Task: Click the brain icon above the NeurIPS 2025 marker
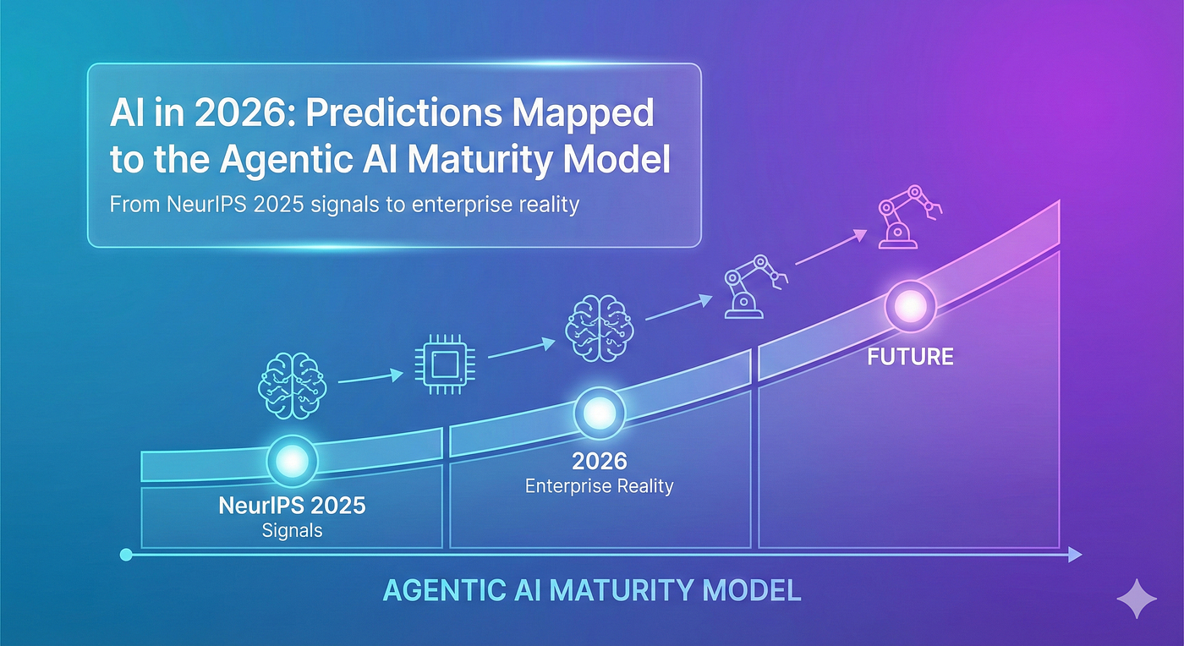[292, 384]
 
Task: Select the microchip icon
[437, 366]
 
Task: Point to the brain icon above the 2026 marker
[598, 322]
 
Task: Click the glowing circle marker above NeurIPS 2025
[292, 461]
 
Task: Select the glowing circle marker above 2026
[600, 413]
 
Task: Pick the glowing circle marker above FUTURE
[910, 304]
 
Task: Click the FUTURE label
[910, 357]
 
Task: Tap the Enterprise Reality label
[599, 486]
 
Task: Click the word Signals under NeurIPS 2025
[292, 531]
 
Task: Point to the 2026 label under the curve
[599, 461]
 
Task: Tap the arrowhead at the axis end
[1074, 555]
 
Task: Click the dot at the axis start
[127, 555]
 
